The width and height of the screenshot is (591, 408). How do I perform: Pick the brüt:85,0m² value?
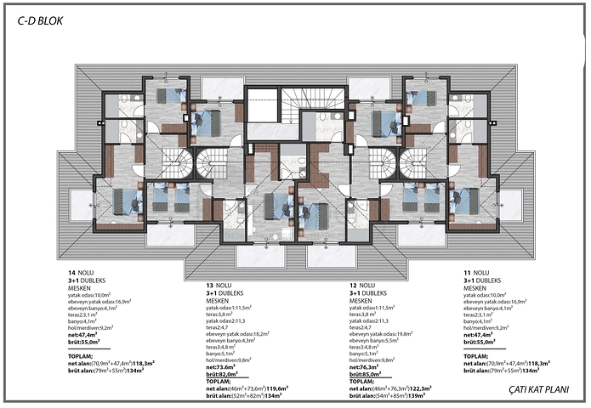tap(368, 373)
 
